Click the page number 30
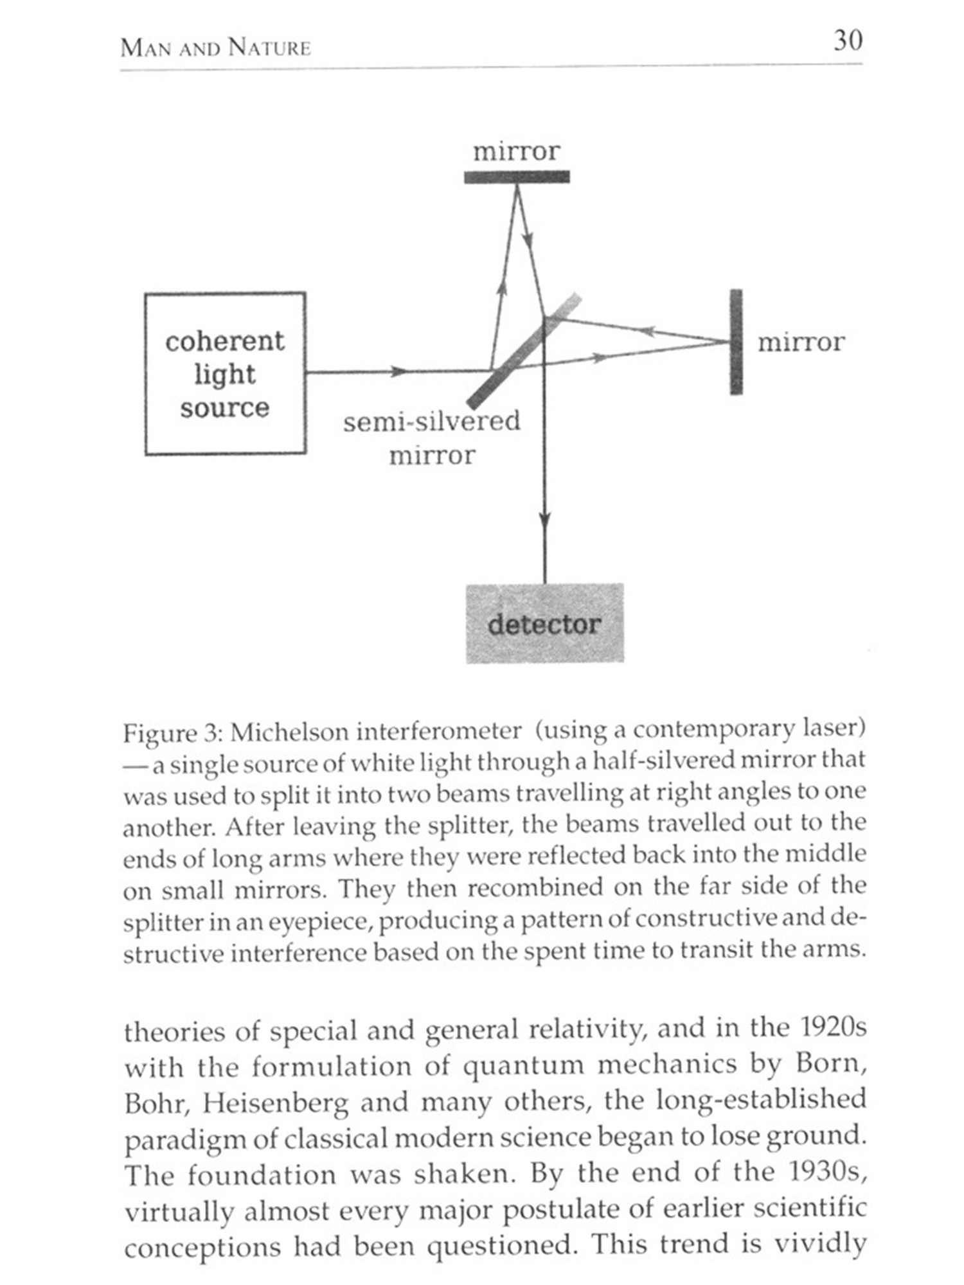848,40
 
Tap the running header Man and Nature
215,48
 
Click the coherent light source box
225,373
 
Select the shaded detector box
544,623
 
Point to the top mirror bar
517,177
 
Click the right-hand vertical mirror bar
736,342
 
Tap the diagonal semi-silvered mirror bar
524,351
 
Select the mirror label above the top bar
517,151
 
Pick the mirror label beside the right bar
801,342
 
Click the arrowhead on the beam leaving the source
398,371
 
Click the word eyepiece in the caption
319,922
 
